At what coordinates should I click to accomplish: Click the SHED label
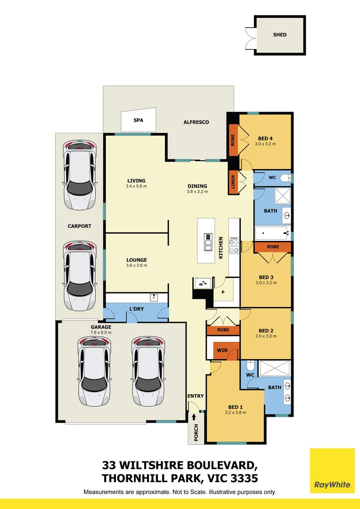[279, 35]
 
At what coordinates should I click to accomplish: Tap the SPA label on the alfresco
[138, 121]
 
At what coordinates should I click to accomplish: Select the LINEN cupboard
[233, 181]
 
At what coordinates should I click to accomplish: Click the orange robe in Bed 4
[233, 140]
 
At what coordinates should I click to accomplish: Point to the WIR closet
[222, 351]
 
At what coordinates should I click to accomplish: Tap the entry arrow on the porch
[194, 418]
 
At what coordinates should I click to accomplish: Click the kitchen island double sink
[208, 241]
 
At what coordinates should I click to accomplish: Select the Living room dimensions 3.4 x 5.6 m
[136, 187]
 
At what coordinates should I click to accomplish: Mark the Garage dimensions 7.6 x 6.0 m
[101, 333]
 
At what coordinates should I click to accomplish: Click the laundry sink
[154, 298]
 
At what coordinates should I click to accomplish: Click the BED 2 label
[266, 330]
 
